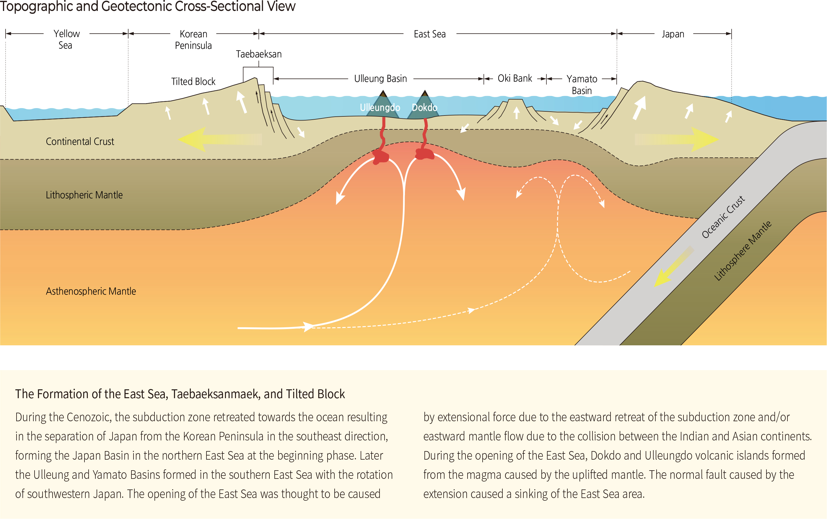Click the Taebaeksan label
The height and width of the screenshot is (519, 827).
click(259, 54)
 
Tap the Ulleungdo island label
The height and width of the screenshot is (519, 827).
click(380, 108)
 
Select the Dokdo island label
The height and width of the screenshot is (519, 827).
click(424, 108)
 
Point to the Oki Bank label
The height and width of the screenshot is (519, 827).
click(515, 79)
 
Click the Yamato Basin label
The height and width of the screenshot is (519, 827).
click(582, 85)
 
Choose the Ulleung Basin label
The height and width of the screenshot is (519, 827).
click(380, 79)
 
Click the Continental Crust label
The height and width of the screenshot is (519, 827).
click(80, 141)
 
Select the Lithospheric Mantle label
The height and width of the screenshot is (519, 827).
click(84, 195)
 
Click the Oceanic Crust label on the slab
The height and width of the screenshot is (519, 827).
click(723, 217)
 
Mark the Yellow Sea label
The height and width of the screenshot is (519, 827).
click(66, 40)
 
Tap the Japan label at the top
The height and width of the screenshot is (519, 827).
click(673, 34)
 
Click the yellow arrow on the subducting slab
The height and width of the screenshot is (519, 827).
click(674, 266)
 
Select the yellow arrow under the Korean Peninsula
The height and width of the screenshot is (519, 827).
click(220, 139)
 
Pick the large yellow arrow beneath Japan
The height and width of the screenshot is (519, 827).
click(677, 140)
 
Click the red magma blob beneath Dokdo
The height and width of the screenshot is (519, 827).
click(425, 154)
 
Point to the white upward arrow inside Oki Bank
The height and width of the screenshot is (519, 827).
click(517, 113)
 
